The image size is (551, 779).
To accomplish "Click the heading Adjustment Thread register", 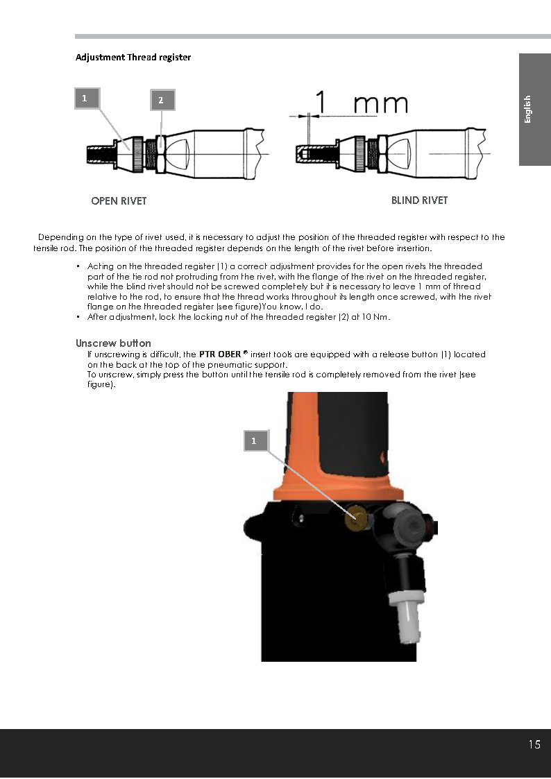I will click(133, 58).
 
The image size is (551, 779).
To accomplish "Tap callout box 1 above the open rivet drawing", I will click(85, 99).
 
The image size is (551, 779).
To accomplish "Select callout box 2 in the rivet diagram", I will click(161, 100).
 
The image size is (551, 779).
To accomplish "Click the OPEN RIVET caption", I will click(119, 201).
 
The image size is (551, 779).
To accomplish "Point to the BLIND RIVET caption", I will click(419, 200).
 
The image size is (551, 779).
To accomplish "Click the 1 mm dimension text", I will click(361, 104).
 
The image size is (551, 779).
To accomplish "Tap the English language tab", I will click(534, 110).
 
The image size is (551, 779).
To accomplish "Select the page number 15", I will click(534, 744).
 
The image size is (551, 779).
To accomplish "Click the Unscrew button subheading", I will click(113, 343).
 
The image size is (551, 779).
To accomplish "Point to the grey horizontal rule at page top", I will click(312, 36).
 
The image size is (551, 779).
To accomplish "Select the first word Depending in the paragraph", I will click(58, 237).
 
